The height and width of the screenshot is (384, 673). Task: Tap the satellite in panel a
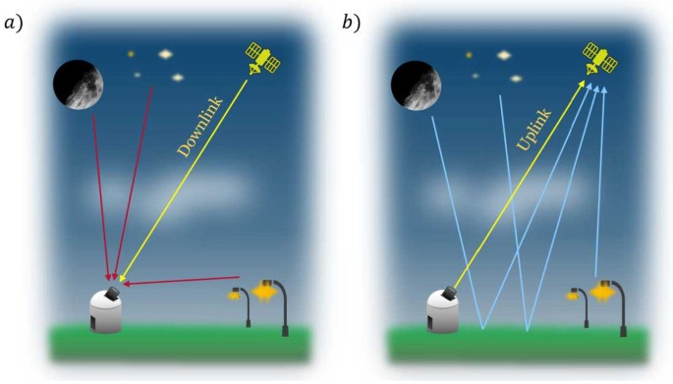click(x=262, y=59)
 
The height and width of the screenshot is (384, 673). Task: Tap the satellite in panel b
click(x=598, y=58)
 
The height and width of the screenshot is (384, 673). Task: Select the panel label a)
click(x=15, y=22)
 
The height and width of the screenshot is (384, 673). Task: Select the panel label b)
click(x=352, y=22)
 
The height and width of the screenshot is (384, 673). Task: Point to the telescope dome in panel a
click(x=106, y=309)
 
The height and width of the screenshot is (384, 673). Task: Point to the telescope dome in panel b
click(x=442, y=309)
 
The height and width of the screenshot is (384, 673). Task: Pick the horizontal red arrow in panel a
click(x=182, y=282)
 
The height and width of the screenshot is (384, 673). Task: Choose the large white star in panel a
click(x=164, y=55)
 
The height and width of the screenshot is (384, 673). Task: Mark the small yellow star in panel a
click(x=130, y=54)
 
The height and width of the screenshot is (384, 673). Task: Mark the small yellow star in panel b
click(x=468, y=55)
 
